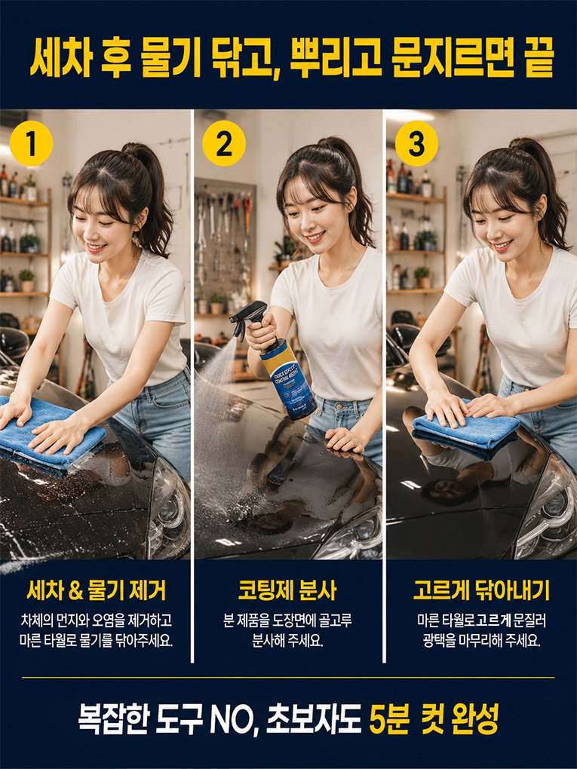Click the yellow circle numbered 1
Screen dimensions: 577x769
point(31,144)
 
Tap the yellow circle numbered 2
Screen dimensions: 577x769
point(224,143)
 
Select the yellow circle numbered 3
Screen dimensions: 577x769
point(416,143)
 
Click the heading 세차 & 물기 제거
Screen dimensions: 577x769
point(97,590)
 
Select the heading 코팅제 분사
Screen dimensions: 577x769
point(287,590)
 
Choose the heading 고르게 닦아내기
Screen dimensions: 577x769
point(481,590)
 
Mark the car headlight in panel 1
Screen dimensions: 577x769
point(169,510)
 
